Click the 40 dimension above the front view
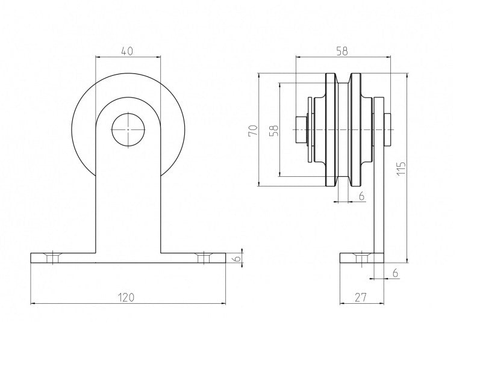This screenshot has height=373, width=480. pyautogui.click(x=127, y=52)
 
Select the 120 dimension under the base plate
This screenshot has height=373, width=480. pyautogui.click(x=126, y=297)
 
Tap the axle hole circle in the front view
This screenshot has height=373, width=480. pyautogui.click(x=128, y=130)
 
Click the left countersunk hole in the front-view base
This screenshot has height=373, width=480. pyautogui.click(x=53, y=257)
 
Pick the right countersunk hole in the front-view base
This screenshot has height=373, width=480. pyautogui.click(x=204, y=257)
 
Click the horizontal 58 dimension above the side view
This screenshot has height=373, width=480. pyautogui.click(x=341, y=52)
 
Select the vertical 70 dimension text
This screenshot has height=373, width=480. pyautogui.click(x=253, y=129)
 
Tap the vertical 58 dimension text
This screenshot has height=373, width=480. pyautogui.click(x=274, y=130)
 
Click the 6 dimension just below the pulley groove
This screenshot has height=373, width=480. pyautogui.click(x=361, y=196)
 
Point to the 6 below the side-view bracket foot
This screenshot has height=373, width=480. pyautogui.click(x=394, y=273)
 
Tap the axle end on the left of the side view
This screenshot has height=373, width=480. pyautogui.click(x=299, y=130)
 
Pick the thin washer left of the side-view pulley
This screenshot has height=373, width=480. pyautogui.click(x=310, y=130)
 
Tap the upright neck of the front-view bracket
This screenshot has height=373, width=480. pyautogui.click(x=128, y=205)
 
